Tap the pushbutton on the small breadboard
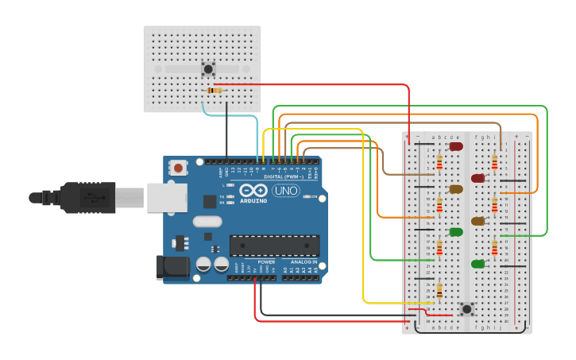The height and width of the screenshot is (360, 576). (x=209, y=69)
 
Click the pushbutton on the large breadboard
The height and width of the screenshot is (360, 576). (x=467, y=308)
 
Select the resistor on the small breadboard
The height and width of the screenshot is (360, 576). (x=214, y=91)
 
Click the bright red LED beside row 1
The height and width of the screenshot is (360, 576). (x=456, y=146)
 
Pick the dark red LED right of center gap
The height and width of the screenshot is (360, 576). (x=477, y=178)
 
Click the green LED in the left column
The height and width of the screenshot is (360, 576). (x=456, y=232)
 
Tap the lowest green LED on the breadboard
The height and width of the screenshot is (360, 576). (x=477, y=264)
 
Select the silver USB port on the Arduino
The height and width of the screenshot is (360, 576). (x=167, y=197)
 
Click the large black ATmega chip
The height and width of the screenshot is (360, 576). (x=274, y=246)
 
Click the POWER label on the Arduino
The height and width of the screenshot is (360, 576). (x=266, y=261)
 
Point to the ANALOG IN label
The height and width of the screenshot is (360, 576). (x=303, y=261)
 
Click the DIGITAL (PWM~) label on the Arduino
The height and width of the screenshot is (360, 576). (x=283, y=176)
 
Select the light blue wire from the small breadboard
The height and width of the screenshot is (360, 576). (x=238, y=116)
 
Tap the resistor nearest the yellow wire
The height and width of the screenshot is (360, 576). (x=439, y=292)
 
